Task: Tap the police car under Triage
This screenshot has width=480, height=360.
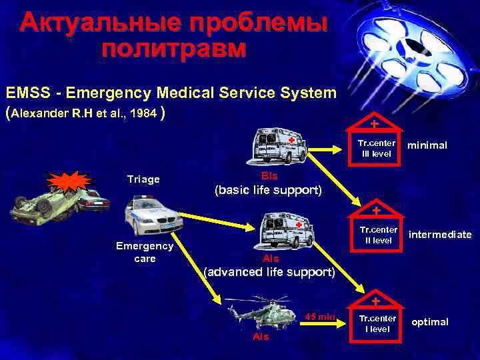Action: pos(153,216)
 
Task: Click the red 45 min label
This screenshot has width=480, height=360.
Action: pos(319,315)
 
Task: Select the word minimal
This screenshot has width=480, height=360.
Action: pos(427,145)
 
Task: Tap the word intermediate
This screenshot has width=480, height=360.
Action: pos(439,235)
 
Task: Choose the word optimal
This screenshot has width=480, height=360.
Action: pos(429,322)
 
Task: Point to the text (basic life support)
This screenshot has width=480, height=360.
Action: pos(267,191)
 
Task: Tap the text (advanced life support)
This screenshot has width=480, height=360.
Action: pos(269,272)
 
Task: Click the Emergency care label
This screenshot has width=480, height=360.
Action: pos(145,251)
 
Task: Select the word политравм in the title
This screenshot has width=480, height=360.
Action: pos(174,48)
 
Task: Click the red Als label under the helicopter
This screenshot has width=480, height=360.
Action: pos(261,337)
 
